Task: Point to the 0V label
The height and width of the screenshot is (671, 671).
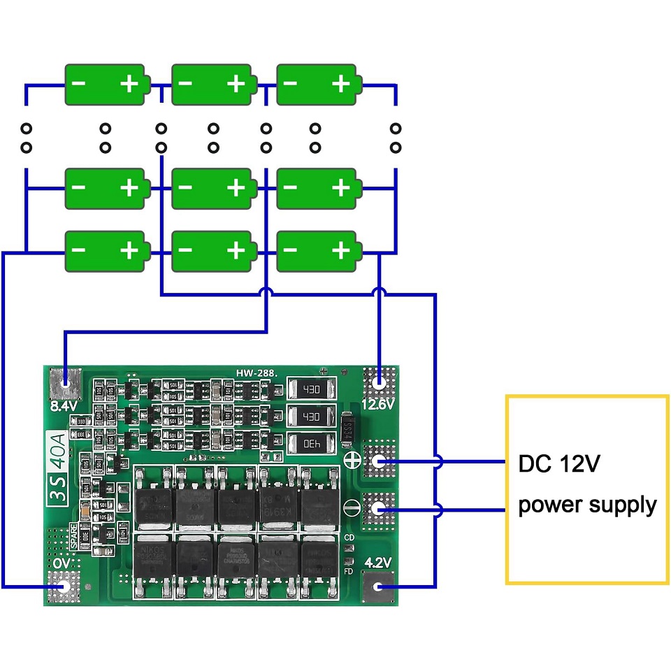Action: coord(62,563)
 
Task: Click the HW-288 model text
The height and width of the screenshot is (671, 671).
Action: coord(256,374)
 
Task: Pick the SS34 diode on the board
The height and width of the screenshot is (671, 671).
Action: coord(347,428)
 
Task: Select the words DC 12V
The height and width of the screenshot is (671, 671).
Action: coord(558,464)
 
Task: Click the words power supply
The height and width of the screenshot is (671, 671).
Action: coord(587,505)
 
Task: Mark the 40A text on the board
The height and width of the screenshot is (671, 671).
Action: coord(57,443)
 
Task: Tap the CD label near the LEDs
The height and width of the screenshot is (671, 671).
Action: coord(349,537)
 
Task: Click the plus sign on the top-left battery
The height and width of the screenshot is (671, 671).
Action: coord(129,85)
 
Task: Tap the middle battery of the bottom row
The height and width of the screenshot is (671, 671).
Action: coord(213,251)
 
